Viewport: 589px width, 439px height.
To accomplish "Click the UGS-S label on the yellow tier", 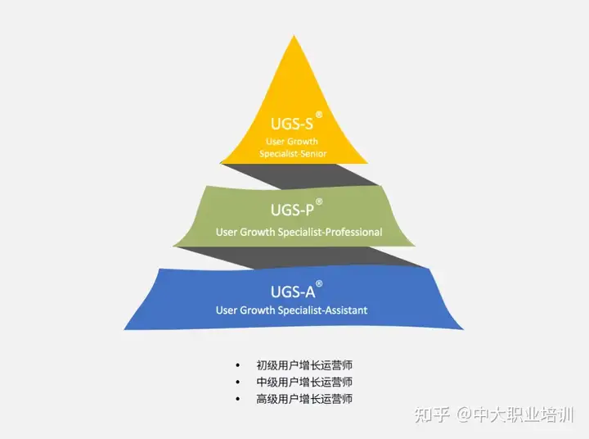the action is (292, 124).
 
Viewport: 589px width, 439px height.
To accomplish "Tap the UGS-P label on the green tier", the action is (292, 210).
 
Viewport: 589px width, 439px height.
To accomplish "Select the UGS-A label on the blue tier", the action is (293, 292).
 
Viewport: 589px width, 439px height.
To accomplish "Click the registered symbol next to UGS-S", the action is (319, 115).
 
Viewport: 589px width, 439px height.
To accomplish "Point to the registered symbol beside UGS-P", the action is (319, 201).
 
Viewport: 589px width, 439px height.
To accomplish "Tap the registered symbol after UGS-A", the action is (319, 283).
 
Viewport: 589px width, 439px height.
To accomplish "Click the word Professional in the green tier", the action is (354, 232).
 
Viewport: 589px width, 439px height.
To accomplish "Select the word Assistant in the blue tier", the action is (346, 310).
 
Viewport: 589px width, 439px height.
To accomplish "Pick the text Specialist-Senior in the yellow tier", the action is (293, 153).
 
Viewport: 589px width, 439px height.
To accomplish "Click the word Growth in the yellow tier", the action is (302, 142).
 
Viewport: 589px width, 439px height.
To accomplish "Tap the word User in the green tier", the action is (227, 232).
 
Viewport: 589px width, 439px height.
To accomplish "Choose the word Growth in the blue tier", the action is (258, 310).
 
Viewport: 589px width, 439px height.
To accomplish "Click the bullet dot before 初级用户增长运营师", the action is (237, 365).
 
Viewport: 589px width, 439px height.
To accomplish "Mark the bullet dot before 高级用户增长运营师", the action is (237, 399).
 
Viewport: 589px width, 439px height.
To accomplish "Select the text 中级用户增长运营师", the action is (304, 382).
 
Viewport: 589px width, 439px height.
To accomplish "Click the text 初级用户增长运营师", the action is (304, 365).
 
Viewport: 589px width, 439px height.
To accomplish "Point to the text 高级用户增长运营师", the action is (304, 399).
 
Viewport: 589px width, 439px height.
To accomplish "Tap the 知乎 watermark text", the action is (433, 415).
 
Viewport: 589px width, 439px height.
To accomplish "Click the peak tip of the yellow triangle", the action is (294, 35).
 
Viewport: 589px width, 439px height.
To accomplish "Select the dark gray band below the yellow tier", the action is (300, 175).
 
